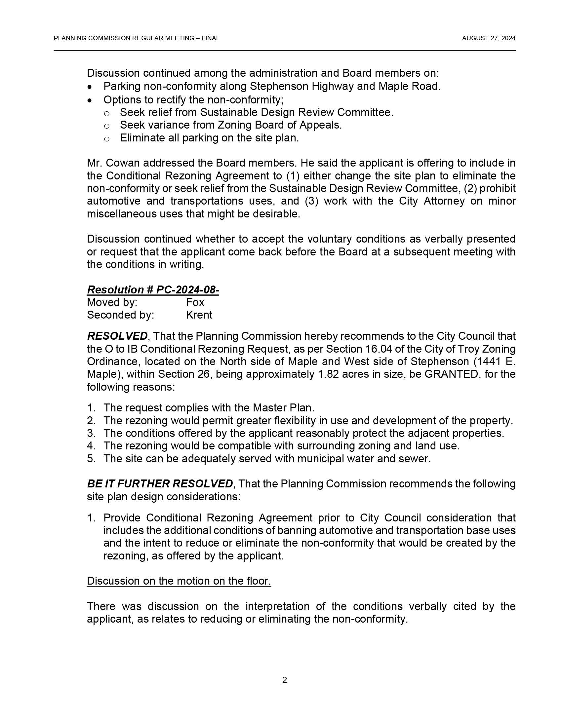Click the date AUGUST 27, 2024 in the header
tap(488, 38)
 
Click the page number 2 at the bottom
tap(285, 680)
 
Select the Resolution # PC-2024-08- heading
tap(153, 289)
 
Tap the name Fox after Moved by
tap(195, 302)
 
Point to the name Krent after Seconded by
tap(199, 315)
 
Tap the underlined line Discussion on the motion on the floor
tap(179, 581)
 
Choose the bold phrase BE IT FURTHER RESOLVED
tap(160, 484)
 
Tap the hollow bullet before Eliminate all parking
tap(106, 139)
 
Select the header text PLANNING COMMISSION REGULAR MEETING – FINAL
tap(137, 38)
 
